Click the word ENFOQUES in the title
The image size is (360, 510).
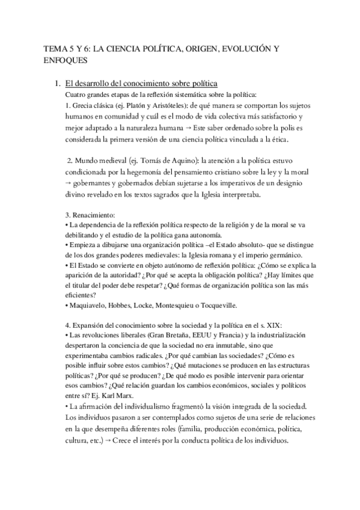click(66, 60)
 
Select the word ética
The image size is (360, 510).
click(278, 140)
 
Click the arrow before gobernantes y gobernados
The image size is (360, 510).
click(68, 184)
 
